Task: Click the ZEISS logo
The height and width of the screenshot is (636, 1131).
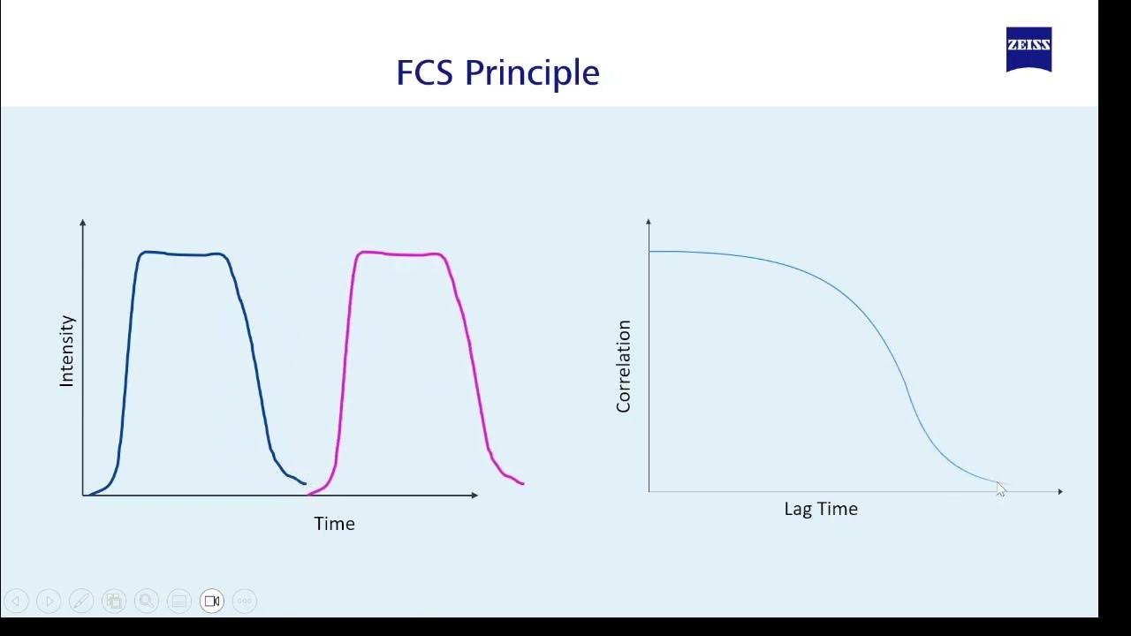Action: tap(1029, 49)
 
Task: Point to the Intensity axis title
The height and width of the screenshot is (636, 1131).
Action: tap(67, 351)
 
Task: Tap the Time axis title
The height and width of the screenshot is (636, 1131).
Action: tap(334, 524)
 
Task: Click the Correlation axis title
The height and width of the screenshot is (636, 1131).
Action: tap(624, 367)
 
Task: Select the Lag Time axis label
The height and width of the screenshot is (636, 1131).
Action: tap(821, 509)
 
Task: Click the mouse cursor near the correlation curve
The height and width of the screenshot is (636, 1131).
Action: tap(1000, 489)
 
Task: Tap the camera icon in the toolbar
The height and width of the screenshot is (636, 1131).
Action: tap(212, 601)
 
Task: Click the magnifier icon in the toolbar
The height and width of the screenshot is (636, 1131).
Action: tap(147, 601)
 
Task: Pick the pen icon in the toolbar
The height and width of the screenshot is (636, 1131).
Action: tap(81, 601)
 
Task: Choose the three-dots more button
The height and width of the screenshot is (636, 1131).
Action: tap(245, 601)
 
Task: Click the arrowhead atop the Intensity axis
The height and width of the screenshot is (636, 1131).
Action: tap(83, 223)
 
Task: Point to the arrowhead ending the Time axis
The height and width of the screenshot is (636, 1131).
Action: tap(474, 495)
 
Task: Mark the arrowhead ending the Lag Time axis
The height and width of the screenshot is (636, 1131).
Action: tap(1059, 491)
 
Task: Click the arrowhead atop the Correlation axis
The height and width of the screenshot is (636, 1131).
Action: tap(649, 222)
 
